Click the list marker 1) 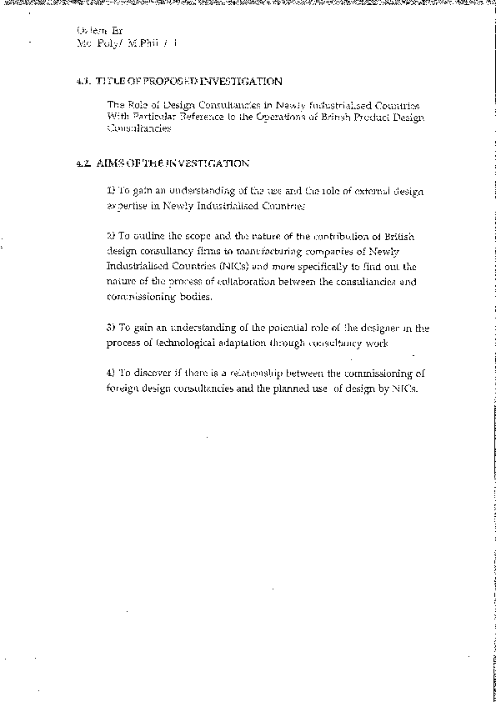pyautogui.click(x=112, y=192)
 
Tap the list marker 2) pyautogui.click(x=112, y=238)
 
